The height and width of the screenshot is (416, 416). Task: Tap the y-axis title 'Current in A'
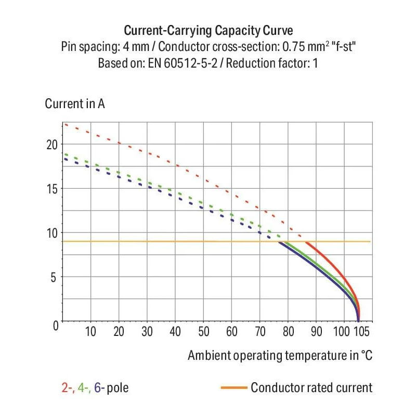coord(75,103)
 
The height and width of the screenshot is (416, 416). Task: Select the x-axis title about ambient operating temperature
coord(280,356)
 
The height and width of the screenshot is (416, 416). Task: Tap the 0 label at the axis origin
coord(55,324)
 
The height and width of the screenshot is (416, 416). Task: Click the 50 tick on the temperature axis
coord(203,332)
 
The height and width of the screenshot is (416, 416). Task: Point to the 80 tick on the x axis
coord(289,332)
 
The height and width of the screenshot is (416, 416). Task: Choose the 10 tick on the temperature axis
coord(90,332)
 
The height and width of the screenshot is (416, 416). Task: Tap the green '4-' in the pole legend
coord(83,388)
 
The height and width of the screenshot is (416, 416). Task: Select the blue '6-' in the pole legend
coord(99,388)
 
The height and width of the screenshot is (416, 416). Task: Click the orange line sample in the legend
coord(233,387)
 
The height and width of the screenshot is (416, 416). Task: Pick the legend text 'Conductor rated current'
coord(311,387)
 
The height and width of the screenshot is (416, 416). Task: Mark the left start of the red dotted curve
coord(64,124)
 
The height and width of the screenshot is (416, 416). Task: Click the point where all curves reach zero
coord(358,321)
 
